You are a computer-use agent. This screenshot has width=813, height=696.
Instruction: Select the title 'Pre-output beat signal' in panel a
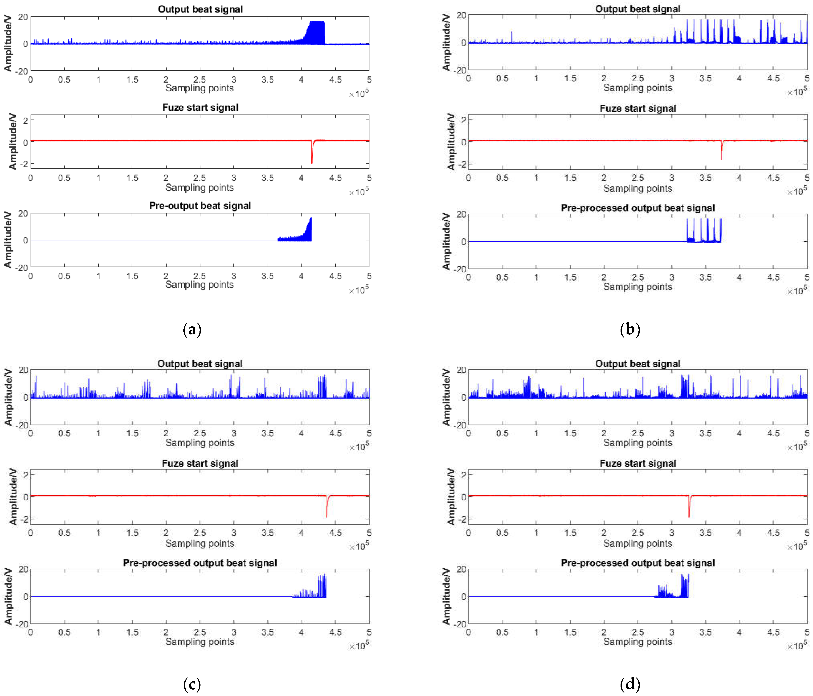[200, 205]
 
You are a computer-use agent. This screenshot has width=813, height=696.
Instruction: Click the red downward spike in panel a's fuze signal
[312, 155]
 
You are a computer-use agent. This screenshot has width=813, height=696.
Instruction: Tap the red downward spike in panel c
[326, 509]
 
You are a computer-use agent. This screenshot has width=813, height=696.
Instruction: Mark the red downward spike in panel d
[689, 509]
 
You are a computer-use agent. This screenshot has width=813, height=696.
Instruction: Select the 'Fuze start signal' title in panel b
[638, 108]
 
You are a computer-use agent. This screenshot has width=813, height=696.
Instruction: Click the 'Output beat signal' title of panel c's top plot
[200, 364]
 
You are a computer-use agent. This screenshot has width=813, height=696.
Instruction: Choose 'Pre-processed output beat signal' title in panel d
[638, 563]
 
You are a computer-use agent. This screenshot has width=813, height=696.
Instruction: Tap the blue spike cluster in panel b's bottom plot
[704, 233]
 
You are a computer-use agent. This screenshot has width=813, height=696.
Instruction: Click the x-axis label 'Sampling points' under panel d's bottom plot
[638, 642]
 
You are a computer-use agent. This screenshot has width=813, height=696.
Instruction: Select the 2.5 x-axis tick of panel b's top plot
[638, 79]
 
